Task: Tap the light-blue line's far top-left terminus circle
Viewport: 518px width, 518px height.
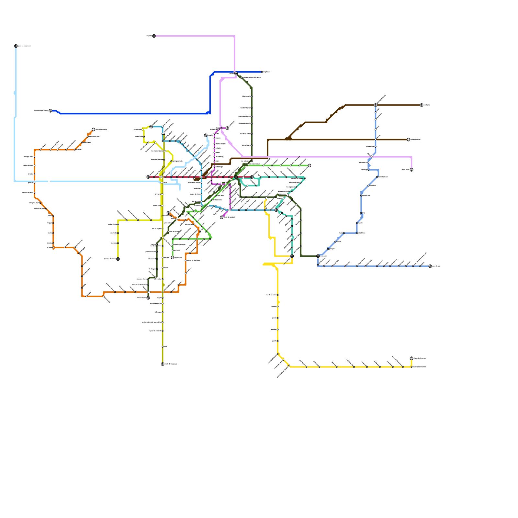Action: (16, 46)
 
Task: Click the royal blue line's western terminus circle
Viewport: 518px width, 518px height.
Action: (50, 111)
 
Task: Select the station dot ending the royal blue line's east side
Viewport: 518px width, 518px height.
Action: (262, 72)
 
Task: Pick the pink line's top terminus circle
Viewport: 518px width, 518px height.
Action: (154, 36)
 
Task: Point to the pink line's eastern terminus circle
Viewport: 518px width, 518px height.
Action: (411, 170)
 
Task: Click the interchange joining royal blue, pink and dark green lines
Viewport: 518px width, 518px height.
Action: (236, 73)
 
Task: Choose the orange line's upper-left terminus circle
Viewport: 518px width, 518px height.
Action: (94, 129)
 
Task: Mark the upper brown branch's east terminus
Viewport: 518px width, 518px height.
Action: (422, 105)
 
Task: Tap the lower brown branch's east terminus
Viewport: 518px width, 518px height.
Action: (409, 140)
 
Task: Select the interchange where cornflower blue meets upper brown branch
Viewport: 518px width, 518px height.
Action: (376, 105)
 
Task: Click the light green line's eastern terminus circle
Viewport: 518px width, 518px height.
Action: (310, 165)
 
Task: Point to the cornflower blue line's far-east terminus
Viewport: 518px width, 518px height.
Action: (430, 266)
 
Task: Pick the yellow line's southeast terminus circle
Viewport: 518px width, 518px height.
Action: (411, 358)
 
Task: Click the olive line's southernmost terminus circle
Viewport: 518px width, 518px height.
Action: (163, 364)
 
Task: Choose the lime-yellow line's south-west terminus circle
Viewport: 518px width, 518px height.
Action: (118, 259)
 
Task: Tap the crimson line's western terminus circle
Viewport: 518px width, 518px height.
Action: (148, 177)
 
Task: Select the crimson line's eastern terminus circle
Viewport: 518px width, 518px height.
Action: (252, 177)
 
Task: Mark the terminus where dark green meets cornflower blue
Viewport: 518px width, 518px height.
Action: (318, 256)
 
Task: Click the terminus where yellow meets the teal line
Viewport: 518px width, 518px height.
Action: (292, 256)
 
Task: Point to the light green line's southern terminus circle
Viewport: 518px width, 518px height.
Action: (173, 258)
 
